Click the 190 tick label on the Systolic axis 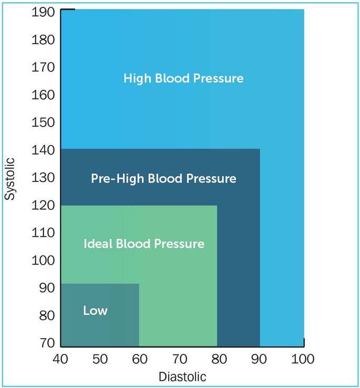(44, 12)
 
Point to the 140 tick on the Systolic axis (44, 150)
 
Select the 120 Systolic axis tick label (44, 205)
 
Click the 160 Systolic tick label (44, 95)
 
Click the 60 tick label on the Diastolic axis (139, 359)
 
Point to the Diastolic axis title (182, 376)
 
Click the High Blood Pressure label (183, 79)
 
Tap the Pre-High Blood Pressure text (163, 179)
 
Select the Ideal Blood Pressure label (143, 244)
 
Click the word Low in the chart (95, 311)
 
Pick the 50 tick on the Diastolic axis (100, 359)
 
